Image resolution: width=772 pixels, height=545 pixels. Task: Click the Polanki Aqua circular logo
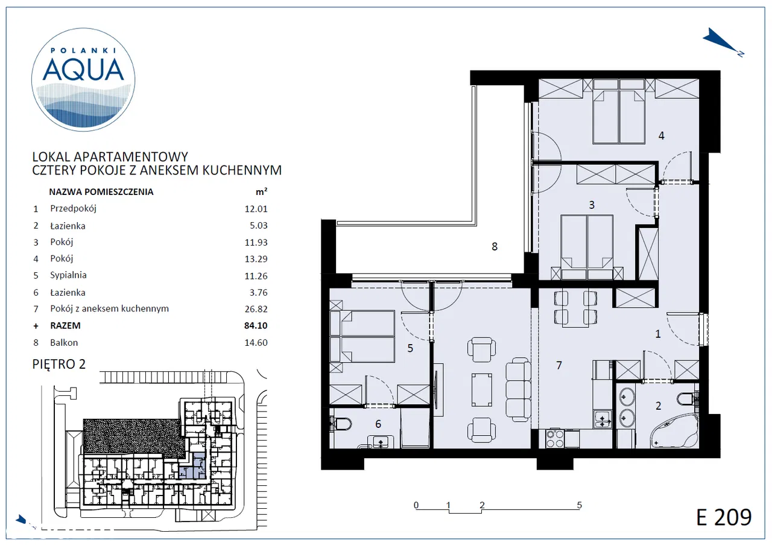tap(83, 80)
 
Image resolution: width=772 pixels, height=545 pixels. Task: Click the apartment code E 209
tap(724, 517)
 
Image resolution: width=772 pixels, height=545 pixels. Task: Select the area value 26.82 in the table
tap(256, 309)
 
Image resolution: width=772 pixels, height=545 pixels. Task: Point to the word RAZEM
tap(65, 326)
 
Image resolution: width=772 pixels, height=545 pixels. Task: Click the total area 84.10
tap(256, 326)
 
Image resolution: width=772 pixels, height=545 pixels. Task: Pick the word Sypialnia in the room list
tap(68, 275)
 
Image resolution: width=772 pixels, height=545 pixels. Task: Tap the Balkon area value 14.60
tap(256, 343)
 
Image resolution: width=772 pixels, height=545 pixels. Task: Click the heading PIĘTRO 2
tap(59, 364)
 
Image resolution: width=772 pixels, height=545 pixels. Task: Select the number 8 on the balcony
tap(494, 247)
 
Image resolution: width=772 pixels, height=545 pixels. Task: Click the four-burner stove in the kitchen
tap(555, 438)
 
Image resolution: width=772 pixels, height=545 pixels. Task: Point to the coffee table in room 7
tap(482, 390)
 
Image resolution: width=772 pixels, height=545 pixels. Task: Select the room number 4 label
tap(661, 136)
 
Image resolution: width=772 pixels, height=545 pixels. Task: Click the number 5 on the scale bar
tap(580, 505)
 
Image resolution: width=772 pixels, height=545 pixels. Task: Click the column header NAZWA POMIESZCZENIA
tap(101, 192)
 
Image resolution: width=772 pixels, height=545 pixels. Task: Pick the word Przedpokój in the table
tap(73, 209)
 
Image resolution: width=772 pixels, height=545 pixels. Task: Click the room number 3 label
tap(592, 205)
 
